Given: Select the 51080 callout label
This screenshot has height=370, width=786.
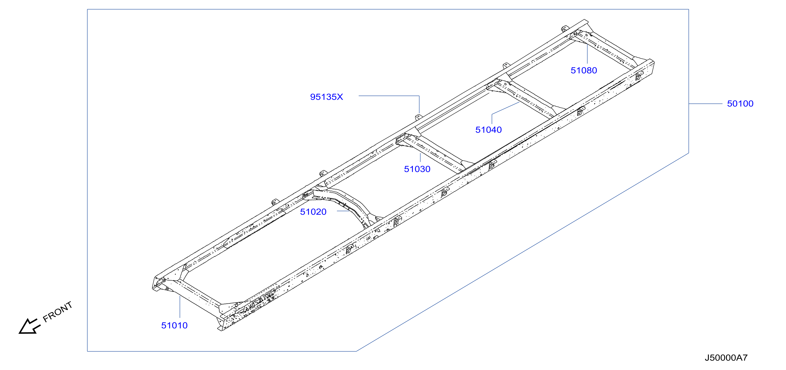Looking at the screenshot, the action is point(584,71).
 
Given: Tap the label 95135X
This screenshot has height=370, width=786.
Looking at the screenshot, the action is point(327,97).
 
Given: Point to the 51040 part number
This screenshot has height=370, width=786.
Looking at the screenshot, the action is point(488,130).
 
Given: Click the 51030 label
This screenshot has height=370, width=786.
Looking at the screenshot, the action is point(417,169).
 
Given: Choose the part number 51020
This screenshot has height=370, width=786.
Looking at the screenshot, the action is point(313,212).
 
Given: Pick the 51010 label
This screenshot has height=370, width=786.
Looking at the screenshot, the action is point(174,325).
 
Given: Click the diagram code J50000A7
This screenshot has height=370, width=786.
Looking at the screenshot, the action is point(726,358).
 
